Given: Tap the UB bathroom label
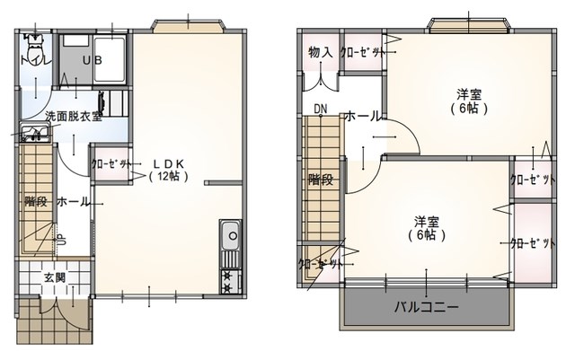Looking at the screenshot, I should [x=92, y=60].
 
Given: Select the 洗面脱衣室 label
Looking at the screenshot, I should [x=74, y=116].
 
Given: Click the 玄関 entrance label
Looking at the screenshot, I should [x=54, y=277].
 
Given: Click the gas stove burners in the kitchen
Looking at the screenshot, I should [x=228, y=282].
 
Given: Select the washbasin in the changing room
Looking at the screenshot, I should [x=33, y=136].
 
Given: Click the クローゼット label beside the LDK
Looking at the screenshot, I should [x=111, y=164].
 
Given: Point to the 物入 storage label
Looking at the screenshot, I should [x=320, y=53].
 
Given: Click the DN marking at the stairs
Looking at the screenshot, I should [x=320, y=110].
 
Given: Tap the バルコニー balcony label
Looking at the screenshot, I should [x=427, y=307].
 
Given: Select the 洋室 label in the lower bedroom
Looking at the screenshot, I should [x=426, y=221].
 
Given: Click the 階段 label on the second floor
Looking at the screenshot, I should [x=321, y=179].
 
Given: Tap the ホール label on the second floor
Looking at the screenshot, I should [x=361, y=116].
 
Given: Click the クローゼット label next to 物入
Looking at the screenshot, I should [x=362, y=53].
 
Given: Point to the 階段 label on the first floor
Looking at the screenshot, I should [x=37, y=201].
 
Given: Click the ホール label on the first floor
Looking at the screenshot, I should [x=74, y=201].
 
